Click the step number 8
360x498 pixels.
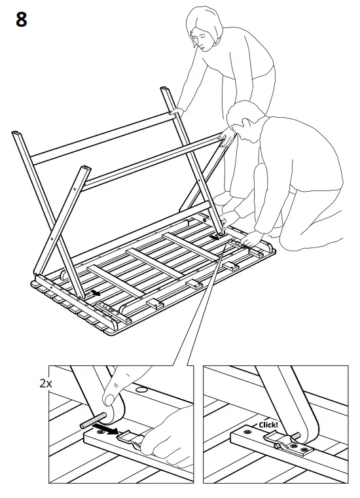[x=21, y=20]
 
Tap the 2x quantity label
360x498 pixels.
[x=45, y=383]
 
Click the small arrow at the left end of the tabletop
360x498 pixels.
[x=96, y=294]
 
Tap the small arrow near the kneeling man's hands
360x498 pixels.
[x=213, y=238]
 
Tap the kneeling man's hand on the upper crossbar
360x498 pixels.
[x=225, y=136]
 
